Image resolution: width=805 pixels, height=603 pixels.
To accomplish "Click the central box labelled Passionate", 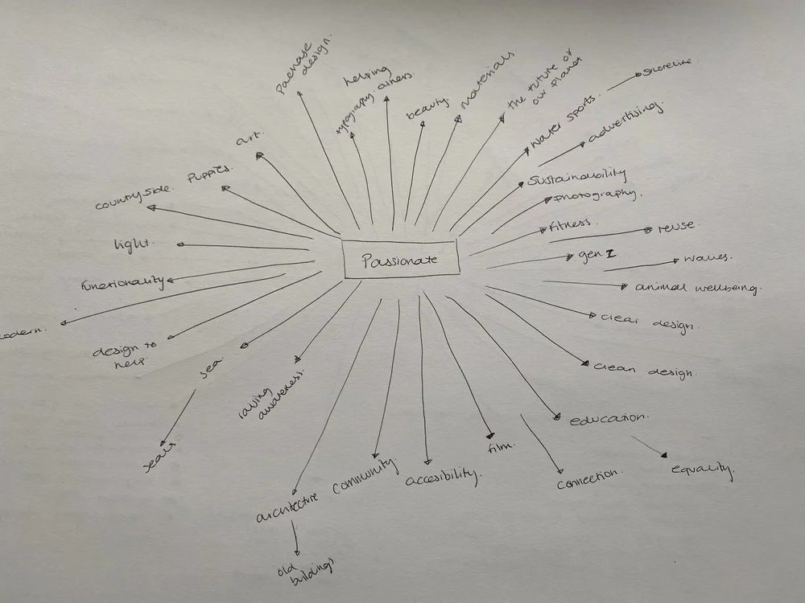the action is tap(401, 259).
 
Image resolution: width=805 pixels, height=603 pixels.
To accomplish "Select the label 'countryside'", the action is tap(133, 195).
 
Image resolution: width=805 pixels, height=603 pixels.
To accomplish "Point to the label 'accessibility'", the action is tap(442, 477).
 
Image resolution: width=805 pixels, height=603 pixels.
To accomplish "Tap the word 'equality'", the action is tap(702, 470).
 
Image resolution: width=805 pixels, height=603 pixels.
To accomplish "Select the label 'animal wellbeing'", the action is tap(697, 286).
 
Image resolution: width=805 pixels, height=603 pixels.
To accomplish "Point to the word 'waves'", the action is tap(706, 259).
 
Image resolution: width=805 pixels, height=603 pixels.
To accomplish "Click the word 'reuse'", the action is tap(675, 228).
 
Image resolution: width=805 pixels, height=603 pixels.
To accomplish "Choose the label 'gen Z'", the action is tap(597, 255).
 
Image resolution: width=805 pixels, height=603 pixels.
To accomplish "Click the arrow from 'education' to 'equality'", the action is tap(649, 447).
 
